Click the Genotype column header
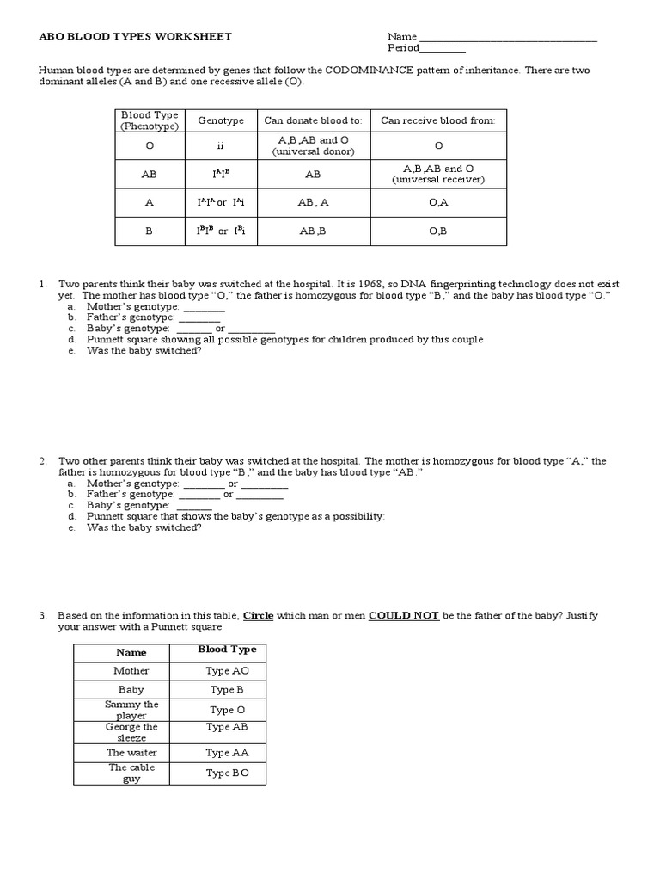pos(221,121)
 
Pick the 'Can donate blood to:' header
pos(313,121)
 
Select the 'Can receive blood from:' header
pos(438,121)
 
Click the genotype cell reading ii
pos(221,146)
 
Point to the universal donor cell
pos(313,146)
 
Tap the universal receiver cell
pos(438,174)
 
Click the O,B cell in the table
pos(438,231)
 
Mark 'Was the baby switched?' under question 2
pos(144,527)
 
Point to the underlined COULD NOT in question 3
pos(404,616)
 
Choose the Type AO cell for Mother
pos(228,671)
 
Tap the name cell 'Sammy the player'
pos(131,710)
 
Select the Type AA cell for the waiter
pos(228,753)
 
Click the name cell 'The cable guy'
pos(131,773)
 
